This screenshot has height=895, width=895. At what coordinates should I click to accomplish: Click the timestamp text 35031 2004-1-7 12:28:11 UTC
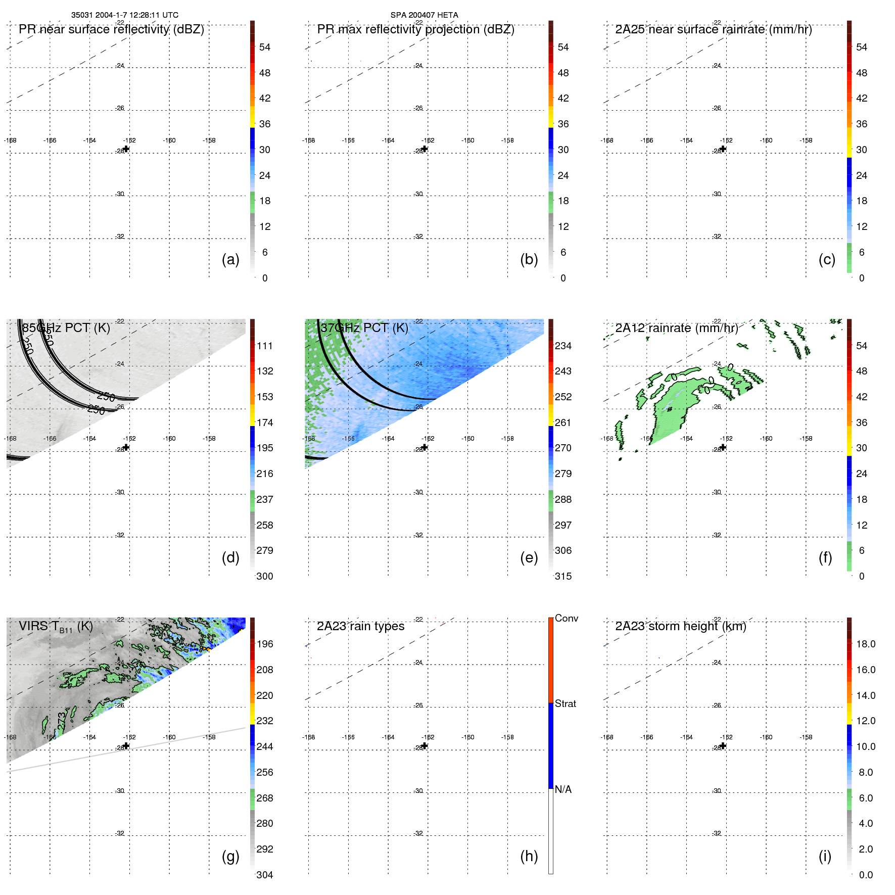click(124, 15)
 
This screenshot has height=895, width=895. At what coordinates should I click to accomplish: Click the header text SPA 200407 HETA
click(424, 15)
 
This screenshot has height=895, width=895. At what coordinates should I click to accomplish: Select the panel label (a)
click(230, 259)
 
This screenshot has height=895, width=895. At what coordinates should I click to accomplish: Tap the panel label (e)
click(529, 557)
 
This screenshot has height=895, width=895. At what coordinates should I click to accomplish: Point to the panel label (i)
click(825, 856)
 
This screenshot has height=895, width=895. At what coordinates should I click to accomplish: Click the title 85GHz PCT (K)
click(66, 327)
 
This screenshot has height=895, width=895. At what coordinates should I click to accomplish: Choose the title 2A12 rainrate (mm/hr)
click(676, 327)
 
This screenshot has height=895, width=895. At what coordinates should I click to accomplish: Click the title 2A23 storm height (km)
click(680, 626)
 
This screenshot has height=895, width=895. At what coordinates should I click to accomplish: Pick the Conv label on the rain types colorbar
click(566, 618)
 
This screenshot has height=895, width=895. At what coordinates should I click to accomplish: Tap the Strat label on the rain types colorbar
click(565, 703)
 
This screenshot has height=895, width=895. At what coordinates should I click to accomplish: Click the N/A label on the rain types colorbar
click(563, 789)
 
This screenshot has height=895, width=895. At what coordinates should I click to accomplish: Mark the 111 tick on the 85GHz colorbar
click(264, 346)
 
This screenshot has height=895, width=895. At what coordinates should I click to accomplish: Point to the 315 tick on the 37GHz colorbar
click(563, 576)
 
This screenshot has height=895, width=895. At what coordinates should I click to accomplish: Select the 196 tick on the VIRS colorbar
click(264, 644)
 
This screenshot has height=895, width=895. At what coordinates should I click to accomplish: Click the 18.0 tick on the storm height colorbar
click(865, 644)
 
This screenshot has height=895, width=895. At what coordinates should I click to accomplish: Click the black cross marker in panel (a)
click(126, 149)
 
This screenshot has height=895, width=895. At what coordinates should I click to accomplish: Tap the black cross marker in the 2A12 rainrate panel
click(723, 447)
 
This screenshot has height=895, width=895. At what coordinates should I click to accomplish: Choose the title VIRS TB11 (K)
click(56, 626)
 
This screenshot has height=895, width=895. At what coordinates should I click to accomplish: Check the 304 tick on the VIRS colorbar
click(264, 875)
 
